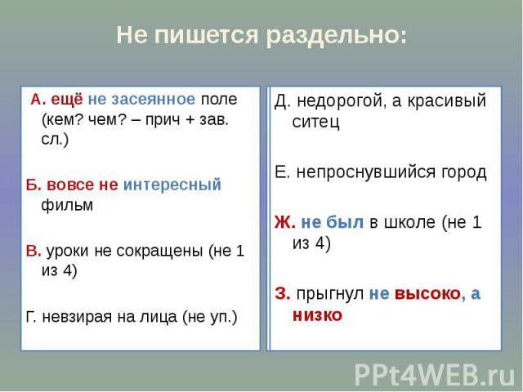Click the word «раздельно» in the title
click(337, 36)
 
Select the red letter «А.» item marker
click(38, 100)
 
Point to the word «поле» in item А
click(219, 100)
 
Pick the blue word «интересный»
click(172, 185)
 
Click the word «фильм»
click(67, 205)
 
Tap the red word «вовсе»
click(69, 185)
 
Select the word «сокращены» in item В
click(159, 251)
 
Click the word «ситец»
click(315, 122)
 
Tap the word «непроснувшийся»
click(366, 172)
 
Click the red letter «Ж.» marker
click(285, 222)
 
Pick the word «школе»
click(410, 222)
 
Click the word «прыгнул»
click(330, 294)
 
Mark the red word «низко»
click(318, 315)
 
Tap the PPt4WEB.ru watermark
click(435, 375)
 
